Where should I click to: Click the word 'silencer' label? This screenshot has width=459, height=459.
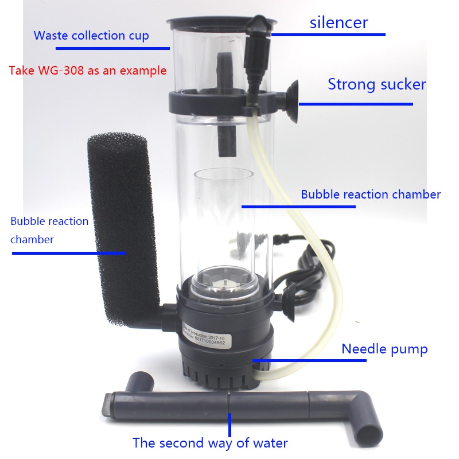pos(339,23)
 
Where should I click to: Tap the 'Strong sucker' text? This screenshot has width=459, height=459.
pos(376,85)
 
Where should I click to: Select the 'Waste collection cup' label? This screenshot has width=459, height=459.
pos(91,36)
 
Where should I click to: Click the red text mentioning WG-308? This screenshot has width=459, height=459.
pos(88,71)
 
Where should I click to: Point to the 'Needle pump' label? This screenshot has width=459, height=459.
pos(384,349)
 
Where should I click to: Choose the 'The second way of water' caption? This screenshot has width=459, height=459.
pos(210,443)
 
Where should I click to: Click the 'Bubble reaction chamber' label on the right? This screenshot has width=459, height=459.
pos(371,195)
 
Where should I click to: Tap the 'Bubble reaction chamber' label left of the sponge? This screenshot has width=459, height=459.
pos(49,230)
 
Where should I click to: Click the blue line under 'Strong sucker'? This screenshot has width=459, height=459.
pos(355,104)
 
